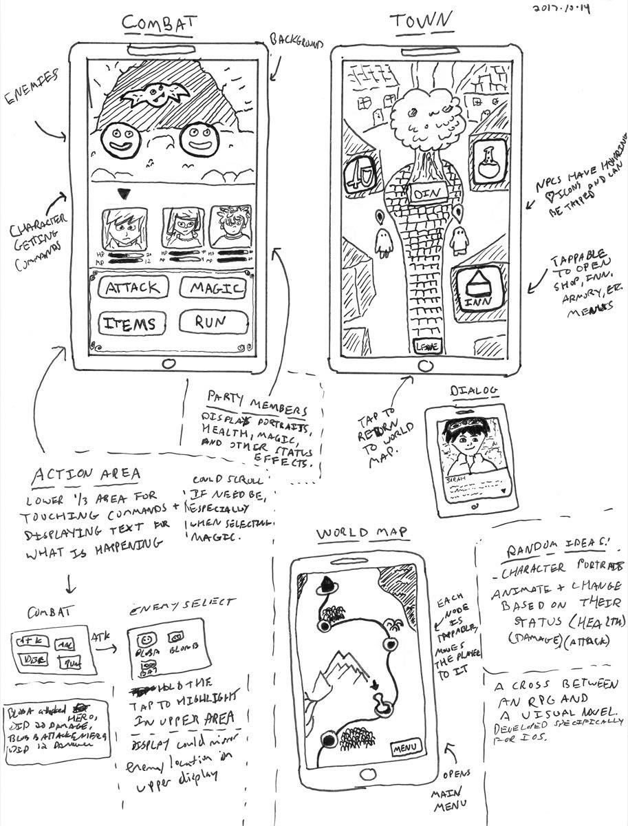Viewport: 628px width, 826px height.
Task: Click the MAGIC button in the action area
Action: [x=213, y=288]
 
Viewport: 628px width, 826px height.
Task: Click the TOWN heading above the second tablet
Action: [x=422, y=23]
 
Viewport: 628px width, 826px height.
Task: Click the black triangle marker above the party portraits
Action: [x=124, y=195]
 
